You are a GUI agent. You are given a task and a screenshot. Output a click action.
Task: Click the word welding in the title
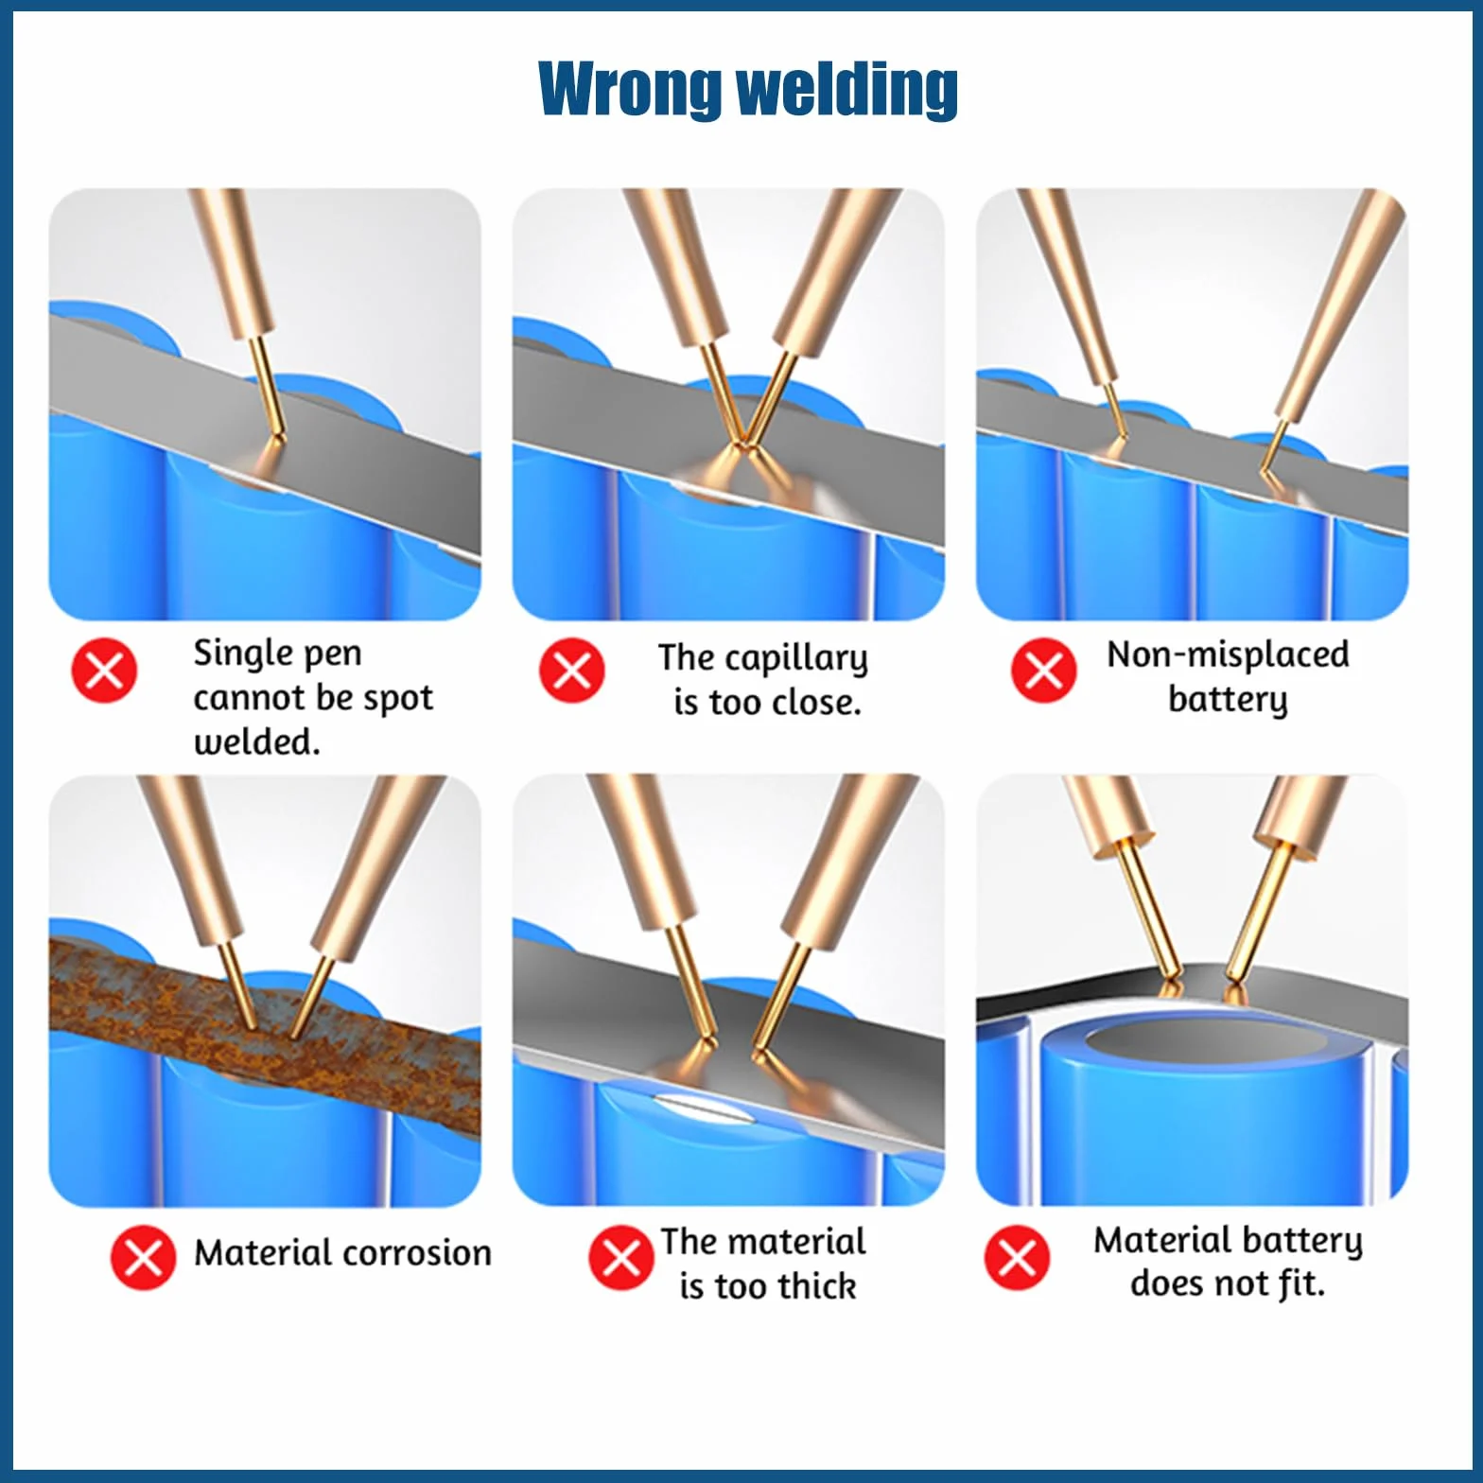click(x=846, y=88)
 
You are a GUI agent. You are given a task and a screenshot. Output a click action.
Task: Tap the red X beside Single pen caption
click(x=104, y=671)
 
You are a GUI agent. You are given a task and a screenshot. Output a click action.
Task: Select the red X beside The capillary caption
click(x=571, y=671)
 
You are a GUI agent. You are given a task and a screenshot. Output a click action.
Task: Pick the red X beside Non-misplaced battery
click(x=1043, y=671)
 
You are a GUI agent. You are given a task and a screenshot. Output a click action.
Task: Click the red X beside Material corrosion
click(x=143, y=1258)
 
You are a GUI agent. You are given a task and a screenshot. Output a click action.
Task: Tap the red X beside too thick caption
click(x=620, y=1258)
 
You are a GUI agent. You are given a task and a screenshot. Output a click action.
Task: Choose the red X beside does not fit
click(x=1017, y=1258)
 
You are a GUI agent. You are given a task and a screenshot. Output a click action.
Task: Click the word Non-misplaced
click(x=1228, y=654)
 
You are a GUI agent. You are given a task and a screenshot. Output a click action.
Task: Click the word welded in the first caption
click(x=253, y=741)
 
